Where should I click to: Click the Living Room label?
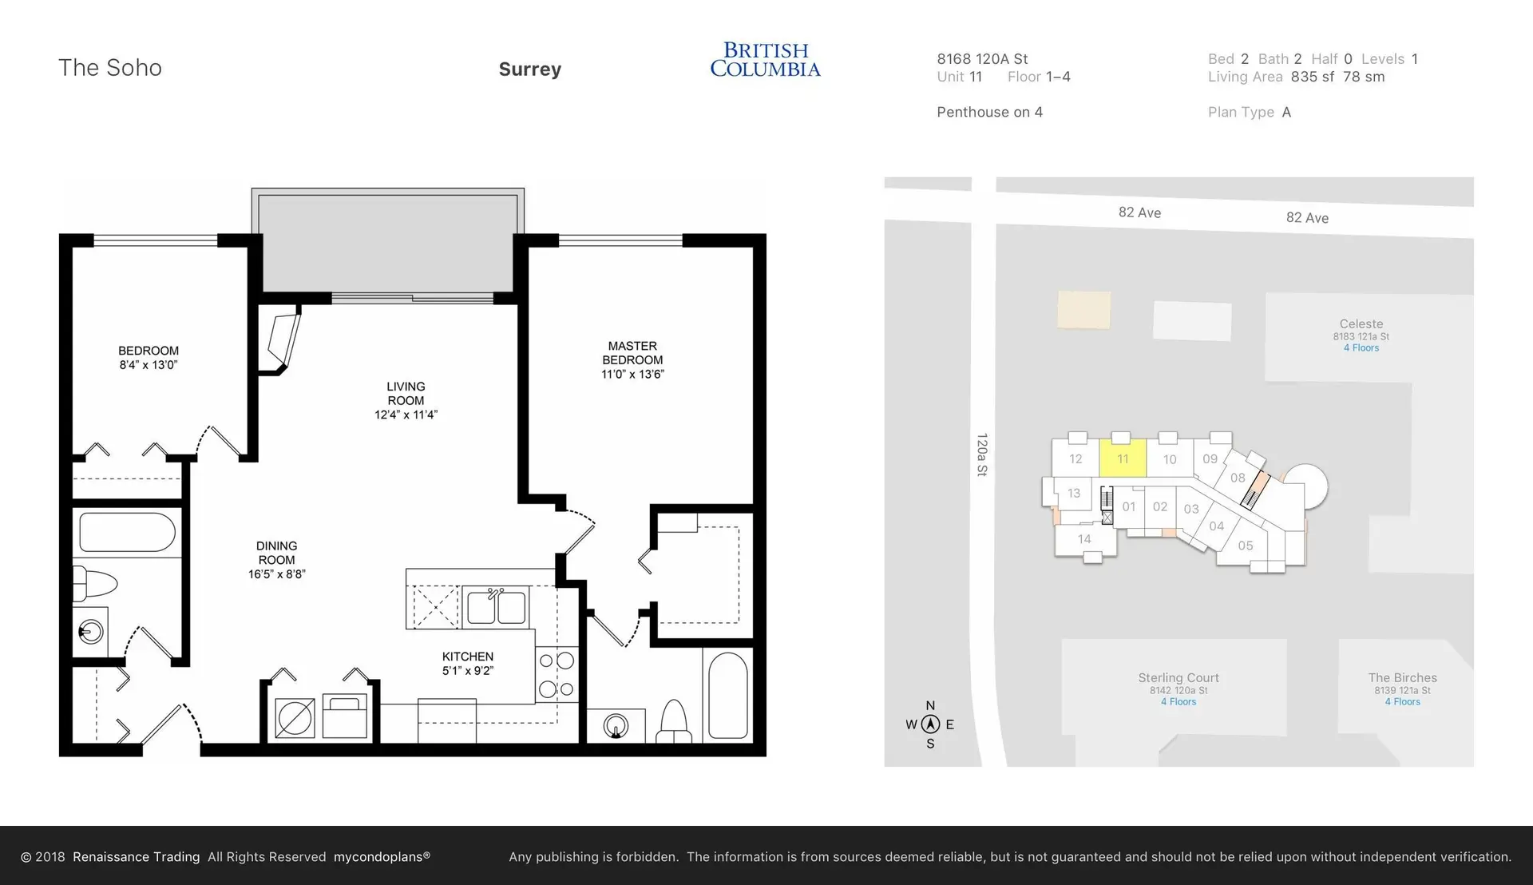pos(406,393)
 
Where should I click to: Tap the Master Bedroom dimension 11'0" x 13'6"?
pos(632,374)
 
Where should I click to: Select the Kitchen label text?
pos(467,657)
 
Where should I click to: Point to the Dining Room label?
pos(276,553)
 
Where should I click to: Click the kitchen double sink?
pos(496,608)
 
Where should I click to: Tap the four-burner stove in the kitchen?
pos(557,674)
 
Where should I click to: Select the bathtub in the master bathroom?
pos(727,695)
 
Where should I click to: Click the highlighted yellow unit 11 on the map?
pos(1123,458)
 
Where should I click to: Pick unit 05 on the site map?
pos(1245,546)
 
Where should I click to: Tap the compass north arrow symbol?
pos(930,724)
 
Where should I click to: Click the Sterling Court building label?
pos(1178,677)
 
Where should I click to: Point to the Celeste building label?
pos(1361,323)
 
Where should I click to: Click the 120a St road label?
pos(982,454)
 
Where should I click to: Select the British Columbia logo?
pos(765,60)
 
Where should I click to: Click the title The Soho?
pos(110,68)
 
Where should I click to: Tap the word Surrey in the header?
pos(529,69)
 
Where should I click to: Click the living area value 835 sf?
pos(1312,77)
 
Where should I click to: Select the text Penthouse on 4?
pos(989,112)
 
